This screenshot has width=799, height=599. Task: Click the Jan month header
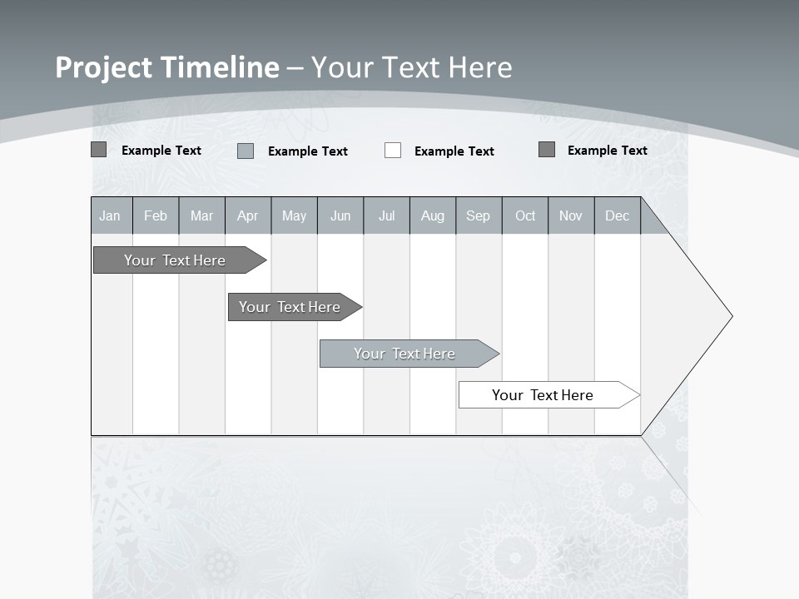point(111,215)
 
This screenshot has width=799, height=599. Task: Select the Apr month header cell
point(248,215)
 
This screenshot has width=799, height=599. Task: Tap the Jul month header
point(387,215)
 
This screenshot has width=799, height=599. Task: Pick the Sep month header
point(479,215)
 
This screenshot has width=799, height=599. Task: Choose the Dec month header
point(618,215)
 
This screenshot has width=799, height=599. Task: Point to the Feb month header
point(156,215)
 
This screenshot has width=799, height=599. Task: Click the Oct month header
point(525,215)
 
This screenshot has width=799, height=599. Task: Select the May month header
point(294,215)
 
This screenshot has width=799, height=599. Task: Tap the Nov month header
point(571,215)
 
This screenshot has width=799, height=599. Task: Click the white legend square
point(393,151)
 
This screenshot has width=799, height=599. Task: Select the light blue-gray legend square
point(246,151)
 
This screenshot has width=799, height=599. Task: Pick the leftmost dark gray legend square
point(99,150)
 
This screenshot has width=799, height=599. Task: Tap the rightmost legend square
point(547,150)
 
